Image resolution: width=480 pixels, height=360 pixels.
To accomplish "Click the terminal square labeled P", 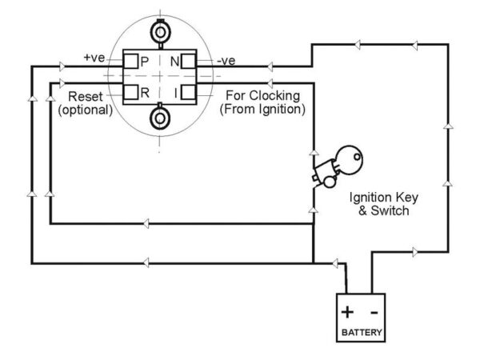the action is (x=130, y=62).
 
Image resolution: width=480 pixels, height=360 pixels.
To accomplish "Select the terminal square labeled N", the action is (x=188, y=62).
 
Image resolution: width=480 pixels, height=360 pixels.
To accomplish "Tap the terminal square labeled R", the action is (x=130, y=92).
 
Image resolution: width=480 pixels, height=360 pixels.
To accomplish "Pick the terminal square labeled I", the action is (x=188, y=92).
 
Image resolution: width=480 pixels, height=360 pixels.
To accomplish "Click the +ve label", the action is (x=94, y=58).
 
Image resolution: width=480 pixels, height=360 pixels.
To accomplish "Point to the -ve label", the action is (x=226, y=61).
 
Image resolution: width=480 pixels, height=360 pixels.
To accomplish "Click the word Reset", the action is (x=86, y=97).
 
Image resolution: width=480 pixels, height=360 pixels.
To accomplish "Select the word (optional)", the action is (x=86, y=110).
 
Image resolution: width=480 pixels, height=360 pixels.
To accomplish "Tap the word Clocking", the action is (x=274, y=96).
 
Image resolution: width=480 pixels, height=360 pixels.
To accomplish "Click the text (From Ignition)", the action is (x=262, y=109).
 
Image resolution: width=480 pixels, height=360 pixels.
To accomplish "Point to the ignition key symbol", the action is (x=338, y=166).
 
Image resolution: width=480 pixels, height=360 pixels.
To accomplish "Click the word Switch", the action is (x=390, y=210).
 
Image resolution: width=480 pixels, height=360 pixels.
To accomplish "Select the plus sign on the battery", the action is (x=347, y=312).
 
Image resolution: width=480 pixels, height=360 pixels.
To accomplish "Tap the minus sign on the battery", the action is (x=374, y=313).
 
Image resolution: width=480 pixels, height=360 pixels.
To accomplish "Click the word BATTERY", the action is (x=362, y=332).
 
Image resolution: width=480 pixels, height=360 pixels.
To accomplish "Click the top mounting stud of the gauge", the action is (x=160, y=33).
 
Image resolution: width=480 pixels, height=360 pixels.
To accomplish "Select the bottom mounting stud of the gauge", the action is (x=160, y=117).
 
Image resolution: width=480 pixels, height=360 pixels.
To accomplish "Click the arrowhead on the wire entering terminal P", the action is (x=62, y=66).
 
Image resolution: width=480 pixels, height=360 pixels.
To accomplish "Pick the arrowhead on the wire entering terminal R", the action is (x=62, y=83).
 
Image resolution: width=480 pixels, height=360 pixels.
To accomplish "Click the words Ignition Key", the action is (x=384, y=198).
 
